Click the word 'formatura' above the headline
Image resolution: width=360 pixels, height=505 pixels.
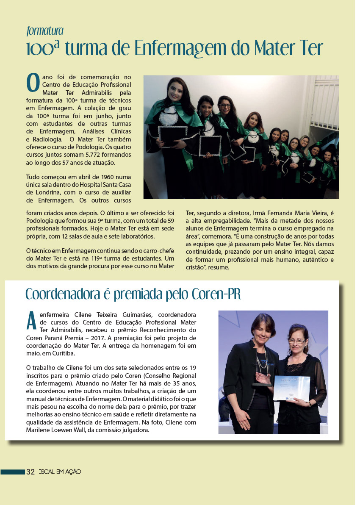pos(45,31)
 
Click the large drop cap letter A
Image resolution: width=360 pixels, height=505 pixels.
pos(31,321)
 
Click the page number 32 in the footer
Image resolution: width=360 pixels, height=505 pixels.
pos(30,472)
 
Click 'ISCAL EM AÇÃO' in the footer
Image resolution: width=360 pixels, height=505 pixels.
pos(60,472)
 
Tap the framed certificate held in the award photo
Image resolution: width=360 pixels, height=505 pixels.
pos(291,388)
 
